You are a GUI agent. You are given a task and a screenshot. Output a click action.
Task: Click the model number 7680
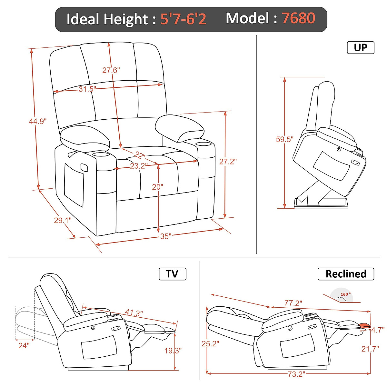(298, 18)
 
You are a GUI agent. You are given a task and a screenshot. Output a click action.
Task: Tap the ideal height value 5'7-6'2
(183, 19)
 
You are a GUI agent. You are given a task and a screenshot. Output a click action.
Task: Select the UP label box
(360, 48)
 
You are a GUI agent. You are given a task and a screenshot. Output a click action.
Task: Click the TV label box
(172, 274)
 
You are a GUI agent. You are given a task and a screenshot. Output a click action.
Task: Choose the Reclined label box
(346, 274)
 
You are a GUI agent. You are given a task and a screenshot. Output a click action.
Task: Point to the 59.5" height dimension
(284, 139)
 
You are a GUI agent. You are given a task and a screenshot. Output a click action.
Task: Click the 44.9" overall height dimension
(38, 121)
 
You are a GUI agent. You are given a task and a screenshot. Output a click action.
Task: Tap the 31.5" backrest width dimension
(87, 89)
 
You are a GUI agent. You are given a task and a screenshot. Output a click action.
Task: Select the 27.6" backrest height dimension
(111, 70)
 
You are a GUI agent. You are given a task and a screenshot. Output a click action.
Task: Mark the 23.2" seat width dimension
(139, 166)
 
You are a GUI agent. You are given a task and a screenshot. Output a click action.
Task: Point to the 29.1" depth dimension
(63, 221)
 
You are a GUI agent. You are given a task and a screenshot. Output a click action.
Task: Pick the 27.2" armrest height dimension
(228, 161)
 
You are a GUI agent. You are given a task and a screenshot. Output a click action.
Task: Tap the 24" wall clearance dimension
(24, 345)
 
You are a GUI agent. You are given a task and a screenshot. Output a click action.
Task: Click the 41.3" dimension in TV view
(134, 313)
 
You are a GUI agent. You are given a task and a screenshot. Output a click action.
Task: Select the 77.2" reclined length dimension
(293, 303)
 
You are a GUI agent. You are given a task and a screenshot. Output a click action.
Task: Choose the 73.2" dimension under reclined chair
(296, 374)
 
